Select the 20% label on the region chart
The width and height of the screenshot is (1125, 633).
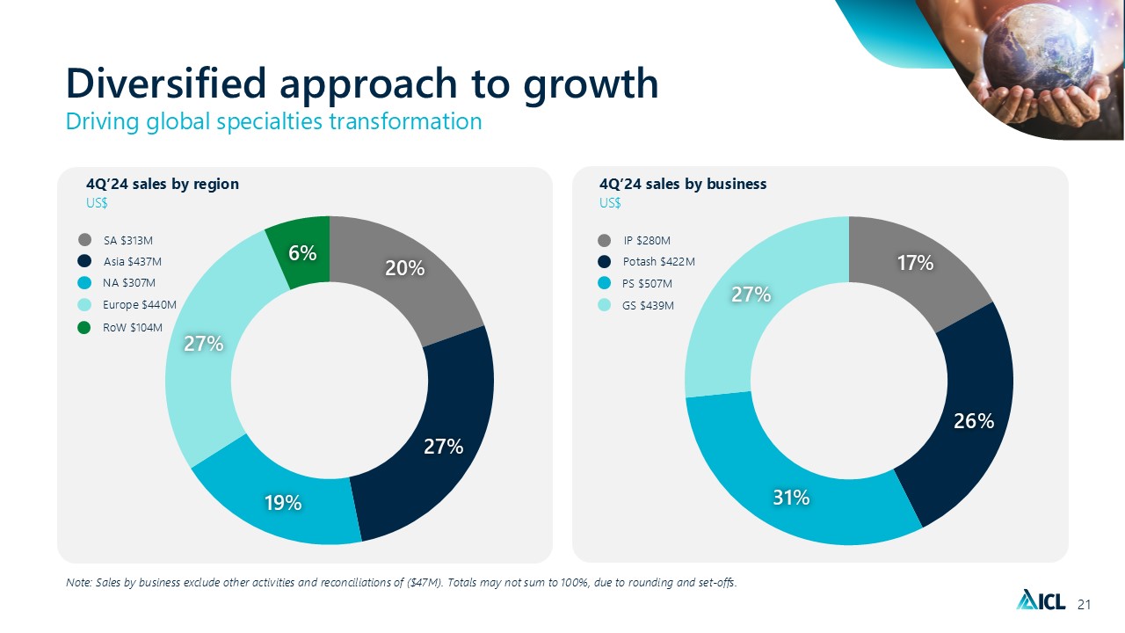pos(405,269)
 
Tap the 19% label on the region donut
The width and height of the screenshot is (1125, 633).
pos(284,503)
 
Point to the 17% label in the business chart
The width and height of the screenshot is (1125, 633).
pos(915,262)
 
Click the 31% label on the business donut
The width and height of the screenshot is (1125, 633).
pos(791,498)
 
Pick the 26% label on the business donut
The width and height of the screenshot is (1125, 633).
pos(975,421)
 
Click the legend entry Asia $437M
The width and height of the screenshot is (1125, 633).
pos(132,261)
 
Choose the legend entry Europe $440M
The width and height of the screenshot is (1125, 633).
pos(140,305)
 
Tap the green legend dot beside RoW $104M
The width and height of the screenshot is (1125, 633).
pos(84,327)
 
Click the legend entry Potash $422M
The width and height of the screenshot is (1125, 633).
pos(658,262)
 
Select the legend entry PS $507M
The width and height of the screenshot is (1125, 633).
pos(647,284)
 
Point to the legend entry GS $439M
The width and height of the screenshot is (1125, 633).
pos(648,305)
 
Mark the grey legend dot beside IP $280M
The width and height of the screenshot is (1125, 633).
pos(604,240)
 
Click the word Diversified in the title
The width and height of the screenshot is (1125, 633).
pos(167,84)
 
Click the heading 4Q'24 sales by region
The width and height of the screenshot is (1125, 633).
pos(163,184)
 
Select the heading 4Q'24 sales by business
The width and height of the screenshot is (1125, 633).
pos(683,184)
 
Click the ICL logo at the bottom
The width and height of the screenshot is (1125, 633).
pos(1041,600)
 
